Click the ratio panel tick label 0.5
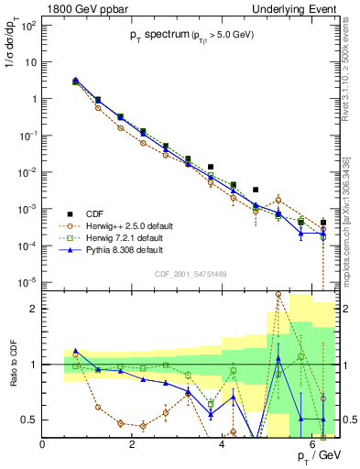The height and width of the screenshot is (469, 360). coord(29,420)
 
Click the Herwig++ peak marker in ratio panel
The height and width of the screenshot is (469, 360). coord(278,294)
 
